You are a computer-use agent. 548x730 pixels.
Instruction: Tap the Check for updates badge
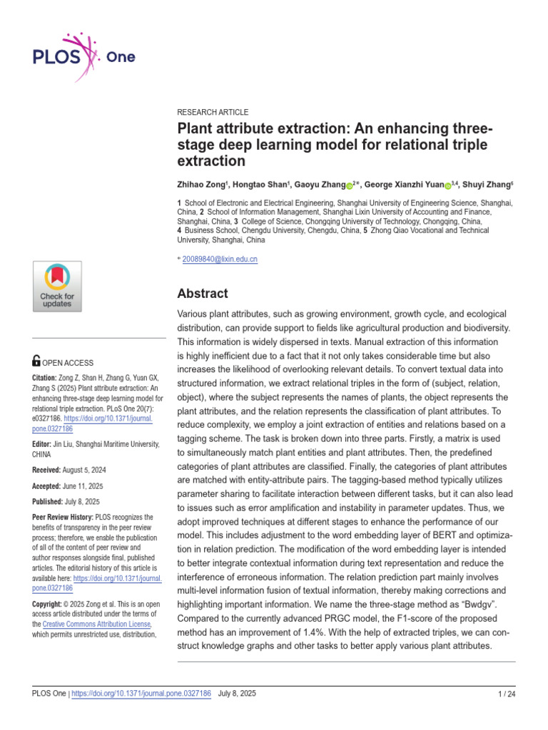(57, 286)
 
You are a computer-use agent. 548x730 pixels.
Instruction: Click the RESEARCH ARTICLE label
(213, 112)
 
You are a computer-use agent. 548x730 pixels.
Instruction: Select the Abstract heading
(202, 293)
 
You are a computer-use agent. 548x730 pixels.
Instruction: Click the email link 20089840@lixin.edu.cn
(220, 259)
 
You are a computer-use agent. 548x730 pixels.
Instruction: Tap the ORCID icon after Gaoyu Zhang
(350, 185)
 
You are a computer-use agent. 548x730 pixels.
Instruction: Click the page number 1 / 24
(506, 694)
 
